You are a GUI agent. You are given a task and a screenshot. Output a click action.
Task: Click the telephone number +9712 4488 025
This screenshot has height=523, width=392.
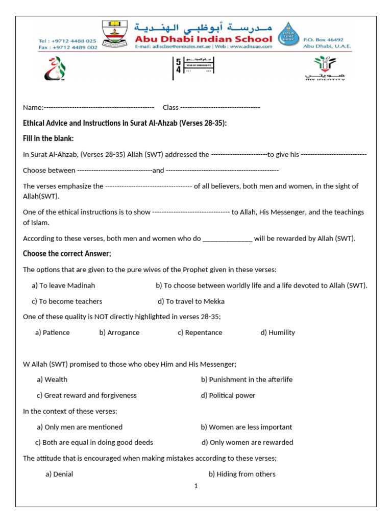click(x=67, y=40)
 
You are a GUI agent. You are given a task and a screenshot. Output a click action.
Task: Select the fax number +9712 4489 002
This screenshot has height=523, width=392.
click(x=67, y=47)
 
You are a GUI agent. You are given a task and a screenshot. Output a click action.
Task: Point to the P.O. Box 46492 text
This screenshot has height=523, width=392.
click(x=323, y=39)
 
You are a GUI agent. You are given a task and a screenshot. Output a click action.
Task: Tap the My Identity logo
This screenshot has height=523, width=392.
click(x=325, y=68)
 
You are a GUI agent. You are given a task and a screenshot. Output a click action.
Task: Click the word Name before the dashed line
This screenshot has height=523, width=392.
click(x=33, y=107)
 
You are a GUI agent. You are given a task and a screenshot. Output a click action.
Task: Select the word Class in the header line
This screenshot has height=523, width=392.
click(x=170, y=107)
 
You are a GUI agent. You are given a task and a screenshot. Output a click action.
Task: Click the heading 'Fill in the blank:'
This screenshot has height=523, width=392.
click(x=48, y=138)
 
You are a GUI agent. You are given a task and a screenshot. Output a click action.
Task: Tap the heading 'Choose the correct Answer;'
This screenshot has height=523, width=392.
click(x=67, y=254)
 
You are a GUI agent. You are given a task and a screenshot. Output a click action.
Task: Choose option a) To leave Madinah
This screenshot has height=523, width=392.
click(x=63, y=286)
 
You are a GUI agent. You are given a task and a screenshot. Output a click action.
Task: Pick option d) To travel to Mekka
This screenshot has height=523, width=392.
click(x=191, y=301)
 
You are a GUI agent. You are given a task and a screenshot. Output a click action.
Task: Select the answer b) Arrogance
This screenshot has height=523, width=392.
click(x=119, y=332)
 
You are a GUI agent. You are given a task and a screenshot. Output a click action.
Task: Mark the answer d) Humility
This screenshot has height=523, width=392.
click(x=278, y=332)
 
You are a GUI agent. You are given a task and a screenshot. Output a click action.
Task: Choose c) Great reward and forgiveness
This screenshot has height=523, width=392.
click(x=87, y=395)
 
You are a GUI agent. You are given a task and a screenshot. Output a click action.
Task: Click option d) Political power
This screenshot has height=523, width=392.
click(x=228, y=395)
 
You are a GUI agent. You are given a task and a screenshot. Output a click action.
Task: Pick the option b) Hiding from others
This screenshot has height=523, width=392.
click(x=242, y=474)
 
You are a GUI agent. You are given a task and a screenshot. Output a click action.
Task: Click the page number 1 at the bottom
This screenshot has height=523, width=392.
click(x=195, y=486)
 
